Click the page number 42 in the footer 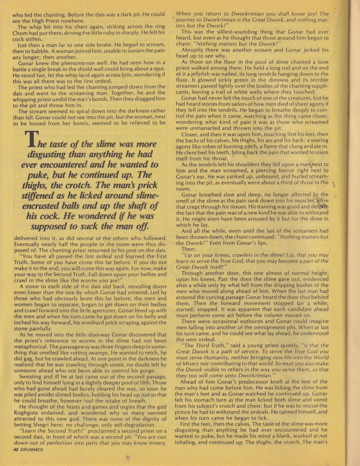coord(15,449)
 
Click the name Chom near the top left coord(20,33)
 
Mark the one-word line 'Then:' coord(189,249)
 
